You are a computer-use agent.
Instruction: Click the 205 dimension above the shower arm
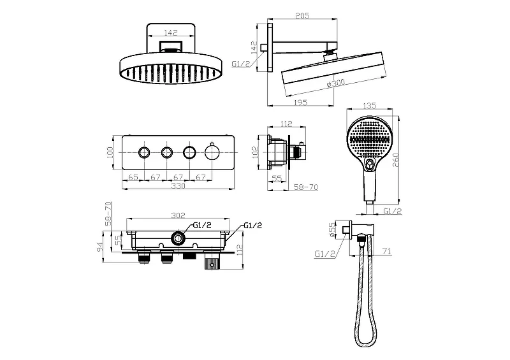(x=302, y=15)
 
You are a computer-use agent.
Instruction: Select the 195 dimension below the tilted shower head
(x=300, y=103)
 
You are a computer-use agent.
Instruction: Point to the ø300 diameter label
(x=335, y=83)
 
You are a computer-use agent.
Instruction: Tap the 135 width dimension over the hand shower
(x=369, y=106)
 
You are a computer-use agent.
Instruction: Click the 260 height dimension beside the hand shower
(x=396, y=160)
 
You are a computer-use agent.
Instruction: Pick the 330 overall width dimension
(x=178, y=185)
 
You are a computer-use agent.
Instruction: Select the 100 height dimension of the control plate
(x=110, y=152)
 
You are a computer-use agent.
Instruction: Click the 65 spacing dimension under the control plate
(x=133, y=177)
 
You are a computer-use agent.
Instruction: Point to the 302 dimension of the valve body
(x=178, y=215)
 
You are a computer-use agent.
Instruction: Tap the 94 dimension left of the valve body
(x=99, y=247)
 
